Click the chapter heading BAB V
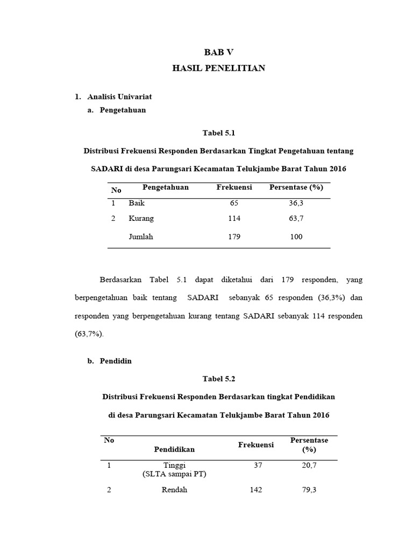[x=219, y=52]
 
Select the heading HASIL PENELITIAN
[x=218, y=68]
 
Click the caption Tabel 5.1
[x=219, y=133]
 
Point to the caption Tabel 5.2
[x=219, y=379]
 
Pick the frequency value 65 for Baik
[x=234, y=204]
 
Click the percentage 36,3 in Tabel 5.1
[x=296, y=204]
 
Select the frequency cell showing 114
[x=234, y=219]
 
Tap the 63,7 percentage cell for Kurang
[x=296, y=219]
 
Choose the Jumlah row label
[x=141, y=236]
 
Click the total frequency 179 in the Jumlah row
[x=234, y=236]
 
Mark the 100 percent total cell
[x=296, y=236]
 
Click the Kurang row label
[x=141, y=219]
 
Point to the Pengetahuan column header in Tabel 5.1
[x=166, y=187]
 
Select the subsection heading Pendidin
[x=116, y=361]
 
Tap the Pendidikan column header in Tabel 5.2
[x=174, y=449]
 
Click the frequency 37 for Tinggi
[x=258, y=466]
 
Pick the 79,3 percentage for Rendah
[x=309, y=490]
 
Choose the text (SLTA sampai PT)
[x=174, y=474]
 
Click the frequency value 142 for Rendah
[x=255, y=490]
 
